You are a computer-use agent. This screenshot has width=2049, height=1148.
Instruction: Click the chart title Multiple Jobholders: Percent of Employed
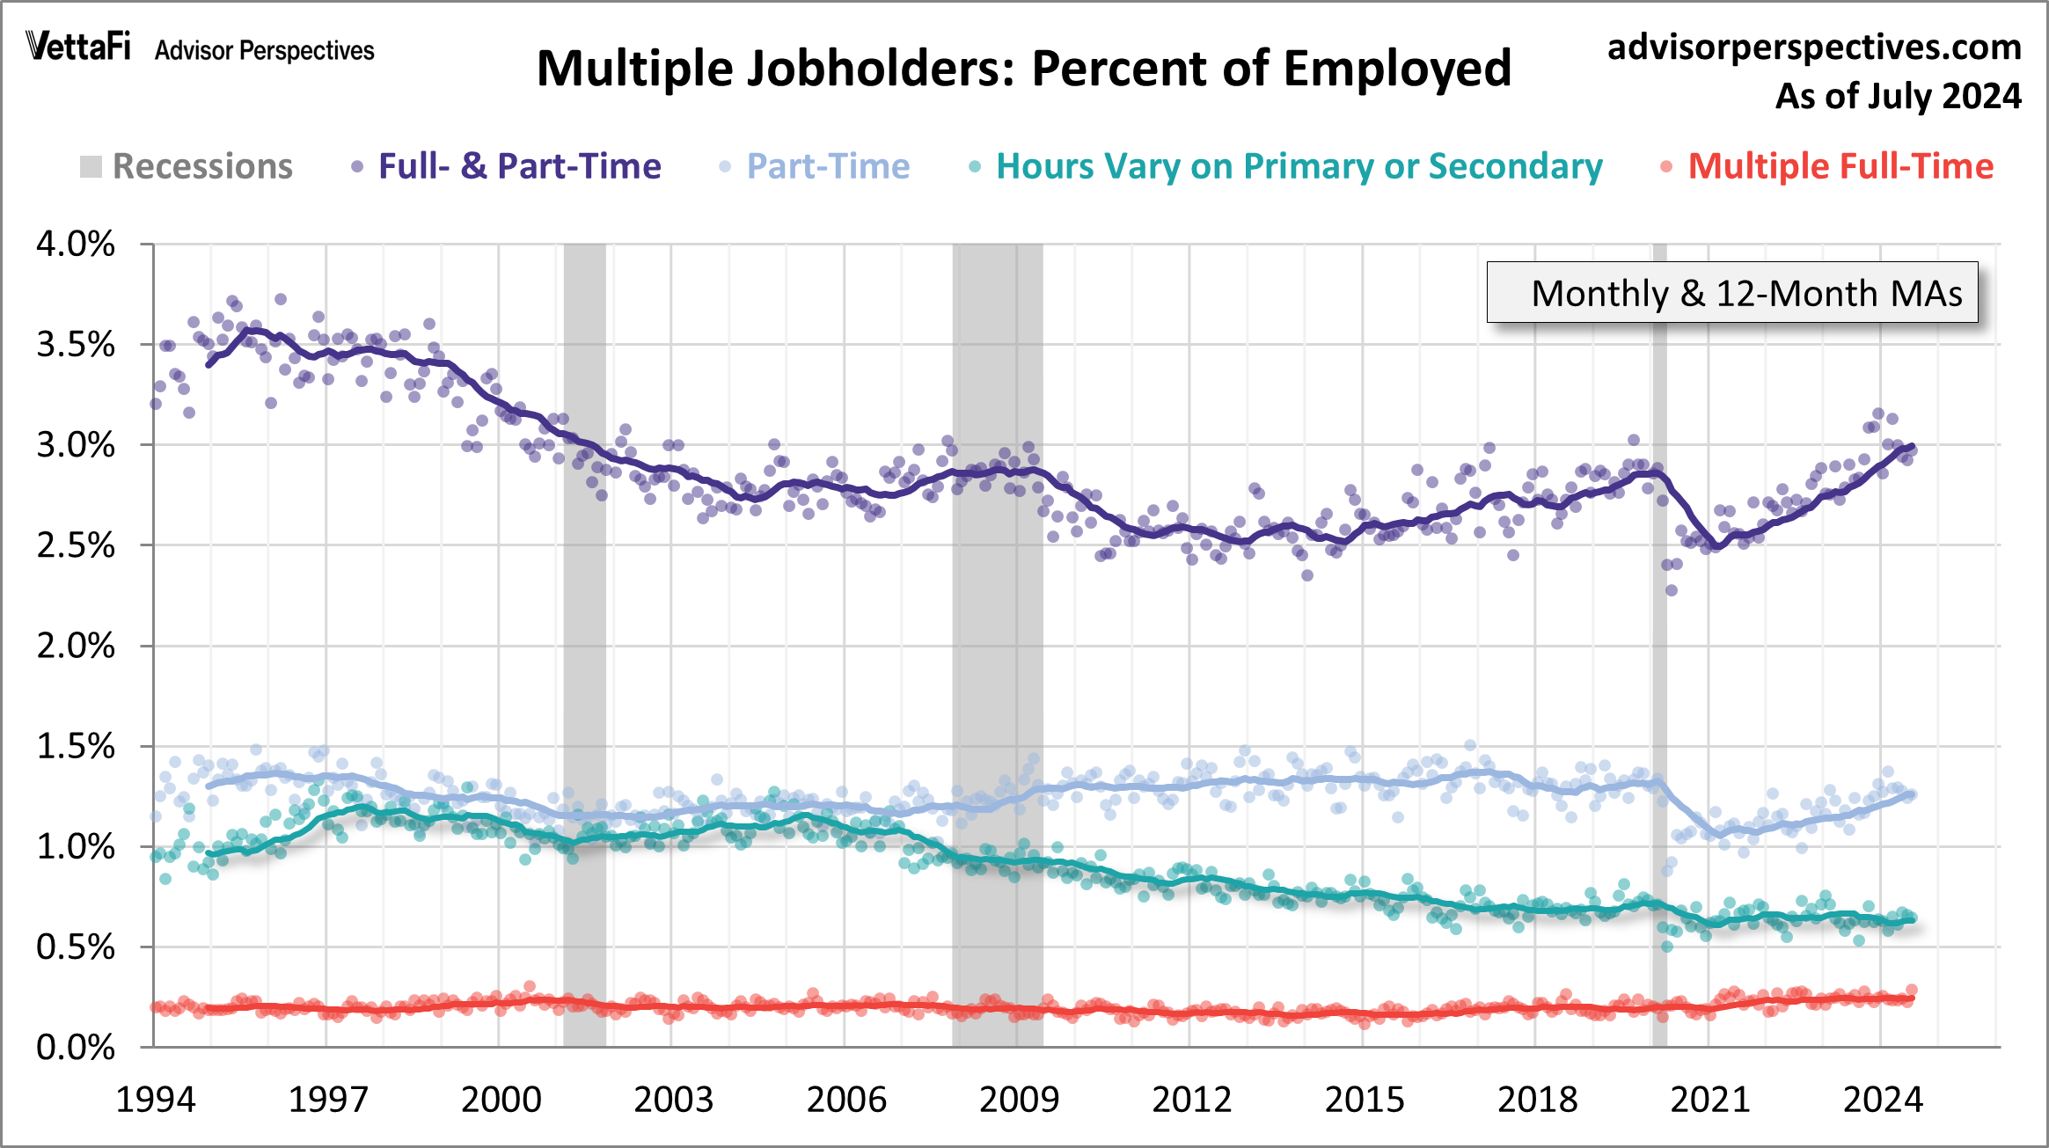(1023, 69)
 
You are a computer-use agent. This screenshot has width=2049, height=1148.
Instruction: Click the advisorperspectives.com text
(1814, 47)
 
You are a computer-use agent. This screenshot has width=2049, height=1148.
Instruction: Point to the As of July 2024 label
(1898, 96)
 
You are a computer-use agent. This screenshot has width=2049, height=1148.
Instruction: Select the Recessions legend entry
(187, 166)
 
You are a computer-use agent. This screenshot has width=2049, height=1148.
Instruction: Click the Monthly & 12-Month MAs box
(1731, 293)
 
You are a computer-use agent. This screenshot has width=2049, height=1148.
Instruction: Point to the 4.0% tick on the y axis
(76, 244)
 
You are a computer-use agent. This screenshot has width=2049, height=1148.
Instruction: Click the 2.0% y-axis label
(76, 646)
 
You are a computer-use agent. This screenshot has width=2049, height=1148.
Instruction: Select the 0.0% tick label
(76, 1048)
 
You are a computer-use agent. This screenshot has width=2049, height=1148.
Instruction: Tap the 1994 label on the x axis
(156, 1100)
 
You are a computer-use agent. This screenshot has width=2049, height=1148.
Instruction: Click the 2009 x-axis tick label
(1019, 1100)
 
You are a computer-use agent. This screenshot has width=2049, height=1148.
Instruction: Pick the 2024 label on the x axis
(1883, 1100)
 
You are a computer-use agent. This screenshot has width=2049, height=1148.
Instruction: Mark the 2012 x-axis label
(1191, 1100)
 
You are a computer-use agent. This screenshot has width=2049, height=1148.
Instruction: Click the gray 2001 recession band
(584, 616)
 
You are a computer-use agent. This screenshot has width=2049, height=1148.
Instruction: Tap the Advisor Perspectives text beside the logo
(264, 51)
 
